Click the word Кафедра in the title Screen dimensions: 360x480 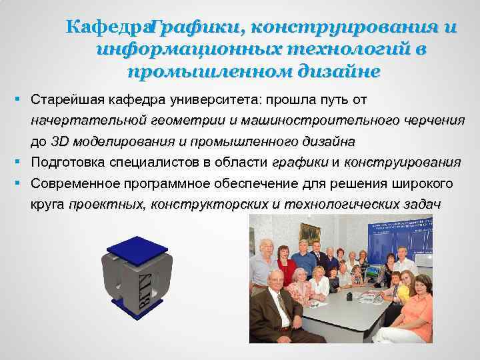click(107, 28)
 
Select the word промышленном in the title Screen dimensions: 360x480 click(193, 71)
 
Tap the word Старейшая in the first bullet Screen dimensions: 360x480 click(63, 99)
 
